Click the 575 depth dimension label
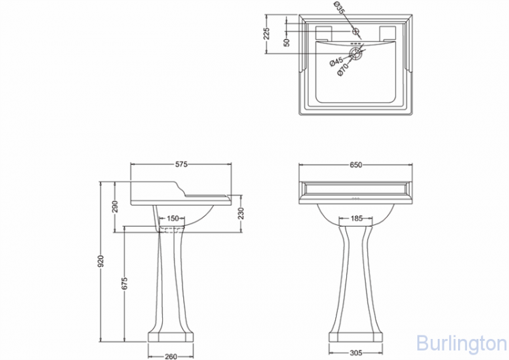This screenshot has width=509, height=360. (181, 164)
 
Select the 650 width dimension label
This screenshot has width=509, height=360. (356, 165)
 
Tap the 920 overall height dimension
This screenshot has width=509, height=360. (101, 262)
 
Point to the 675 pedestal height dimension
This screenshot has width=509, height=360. (125, 283)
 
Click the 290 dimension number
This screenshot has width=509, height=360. (115, 206)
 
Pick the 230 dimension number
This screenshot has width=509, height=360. (241, 213)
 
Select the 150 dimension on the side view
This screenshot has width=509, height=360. (172, 218)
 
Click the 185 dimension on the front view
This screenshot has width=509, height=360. (356, 218)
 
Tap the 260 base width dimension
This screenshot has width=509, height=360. (171, 357)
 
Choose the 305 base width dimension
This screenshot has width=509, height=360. (356, 353)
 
